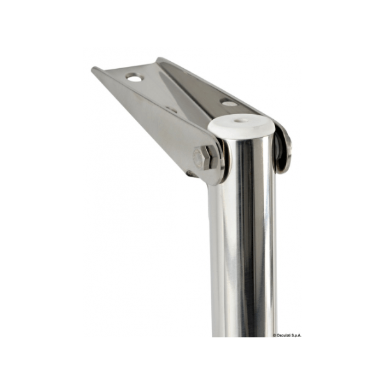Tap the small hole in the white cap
[238, 120]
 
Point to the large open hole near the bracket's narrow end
[135, 78]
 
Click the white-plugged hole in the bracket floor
[229, 103]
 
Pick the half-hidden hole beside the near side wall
[171, 110]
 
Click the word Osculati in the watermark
[283, 335]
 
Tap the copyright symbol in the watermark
[274, 335]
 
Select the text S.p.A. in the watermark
[296, 335]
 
